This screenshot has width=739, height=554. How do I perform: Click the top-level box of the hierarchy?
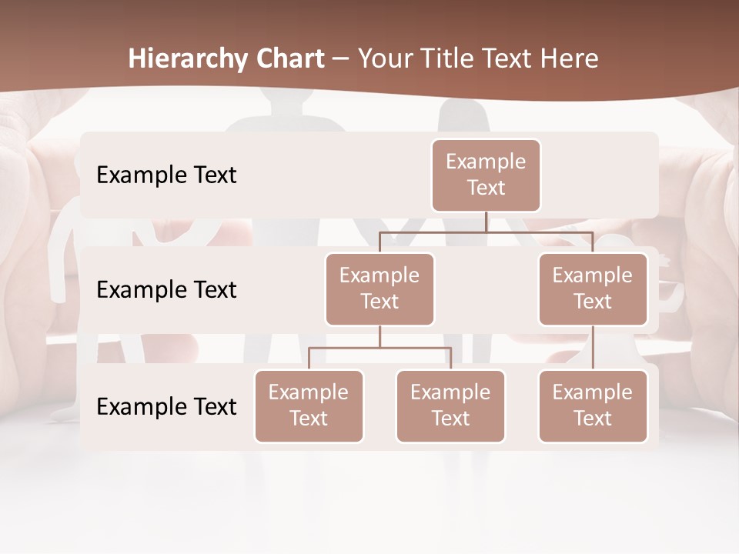pos(486,175)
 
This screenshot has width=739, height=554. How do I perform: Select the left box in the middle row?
pos(380,289)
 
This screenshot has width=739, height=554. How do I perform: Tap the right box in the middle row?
pos(592,289)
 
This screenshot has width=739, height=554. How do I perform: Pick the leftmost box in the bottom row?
pos(309,405)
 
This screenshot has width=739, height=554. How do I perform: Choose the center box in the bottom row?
pos(450,405)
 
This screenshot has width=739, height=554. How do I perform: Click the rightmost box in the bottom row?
pos(592,405)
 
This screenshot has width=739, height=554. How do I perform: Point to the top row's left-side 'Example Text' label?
pos(166,175)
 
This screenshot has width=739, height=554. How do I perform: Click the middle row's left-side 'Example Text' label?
pos(166,290)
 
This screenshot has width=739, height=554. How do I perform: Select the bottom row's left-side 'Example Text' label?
pos(166,406)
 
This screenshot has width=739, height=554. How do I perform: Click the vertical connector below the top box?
pos(486,222)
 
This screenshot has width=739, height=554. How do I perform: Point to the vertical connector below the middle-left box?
pos(380,336)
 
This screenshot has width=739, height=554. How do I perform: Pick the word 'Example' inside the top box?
pos(486,162)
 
